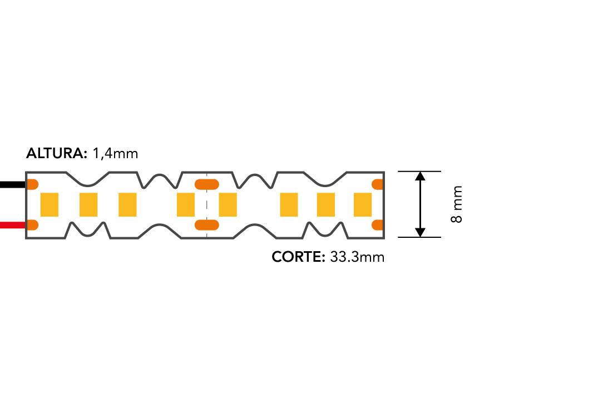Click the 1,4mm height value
pos(115,154)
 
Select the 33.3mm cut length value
pos(357,257)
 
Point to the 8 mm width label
pos(457,204)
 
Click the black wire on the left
pos(13,185)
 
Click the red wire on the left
pos(13,226)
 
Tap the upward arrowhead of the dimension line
pos(420,176)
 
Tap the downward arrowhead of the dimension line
pos(420,232)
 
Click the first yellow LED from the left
pos(49,205)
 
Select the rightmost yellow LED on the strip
pos(363,205)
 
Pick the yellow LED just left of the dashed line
pos(186,205)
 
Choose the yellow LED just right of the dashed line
pos(228,205)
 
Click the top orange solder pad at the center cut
pos(207,184)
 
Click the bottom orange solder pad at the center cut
pos(207,225)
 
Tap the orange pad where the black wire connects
pos(32,184)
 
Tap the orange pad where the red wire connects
pos(32,225)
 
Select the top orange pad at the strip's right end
pos(378,184)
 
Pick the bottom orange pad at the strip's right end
pos(378,225)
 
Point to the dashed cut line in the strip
pos(207,205)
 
